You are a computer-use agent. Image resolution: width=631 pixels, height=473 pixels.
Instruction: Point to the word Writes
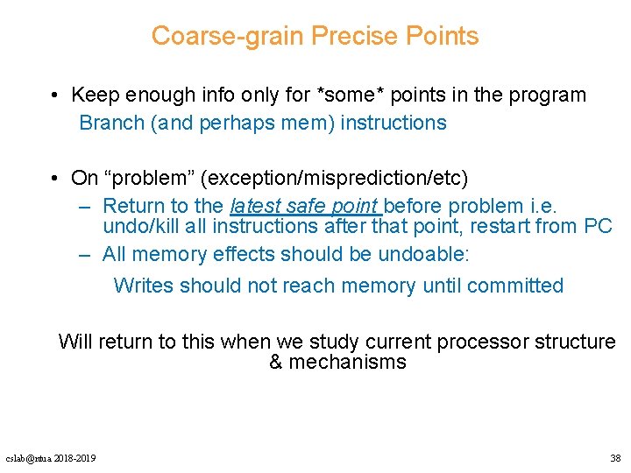(x=143, y=286)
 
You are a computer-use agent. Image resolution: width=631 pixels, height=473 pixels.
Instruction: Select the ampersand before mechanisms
(x=276, y=363)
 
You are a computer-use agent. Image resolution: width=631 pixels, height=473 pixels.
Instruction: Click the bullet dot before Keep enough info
(x=54, y=95)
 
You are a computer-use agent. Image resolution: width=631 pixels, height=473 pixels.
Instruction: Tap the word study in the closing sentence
(x=329, y=342)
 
